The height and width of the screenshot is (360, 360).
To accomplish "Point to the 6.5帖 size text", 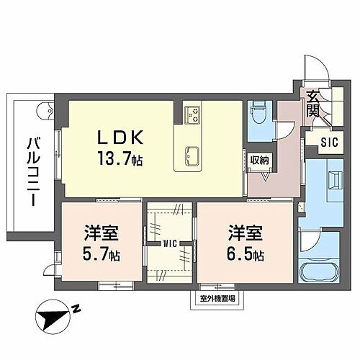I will point(245,253).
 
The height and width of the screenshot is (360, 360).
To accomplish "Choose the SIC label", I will point(328,141).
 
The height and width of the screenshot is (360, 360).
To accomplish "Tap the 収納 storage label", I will point(260,160).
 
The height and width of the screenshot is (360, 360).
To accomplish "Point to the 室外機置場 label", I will point(217,297).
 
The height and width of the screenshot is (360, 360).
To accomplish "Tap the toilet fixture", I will point(258,113).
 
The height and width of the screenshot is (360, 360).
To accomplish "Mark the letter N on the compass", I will point(75,311).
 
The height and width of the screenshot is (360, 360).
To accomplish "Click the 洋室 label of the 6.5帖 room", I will point(245,234).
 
